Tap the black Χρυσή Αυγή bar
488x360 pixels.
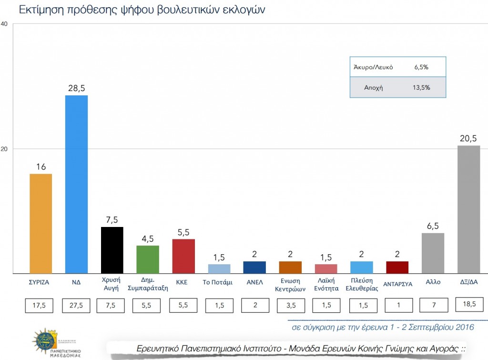click(x=112, y=250)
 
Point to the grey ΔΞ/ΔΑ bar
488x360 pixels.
click(x=468, y=209)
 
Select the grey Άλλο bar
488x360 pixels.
click(x=433, y=253)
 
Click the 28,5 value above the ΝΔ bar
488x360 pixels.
click(x=76, y=88)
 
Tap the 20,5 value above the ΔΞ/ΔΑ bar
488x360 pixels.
click(x=468, y=138)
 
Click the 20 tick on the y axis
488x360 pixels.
click(x=4, y=149)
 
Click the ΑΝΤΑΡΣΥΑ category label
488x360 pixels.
click(x=397, y=282)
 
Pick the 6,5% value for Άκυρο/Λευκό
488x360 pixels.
click(x=421, y=67)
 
